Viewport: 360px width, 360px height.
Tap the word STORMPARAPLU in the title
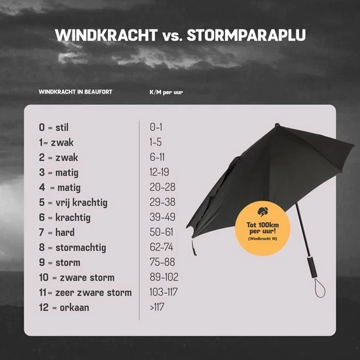(x=247, y=35)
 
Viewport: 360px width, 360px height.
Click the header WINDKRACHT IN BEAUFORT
(x=75, y=92)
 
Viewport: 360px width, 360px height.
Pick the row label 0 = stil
(x=54, y=127)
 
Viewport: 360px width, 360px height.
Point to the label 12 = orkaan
(x=63, y=308)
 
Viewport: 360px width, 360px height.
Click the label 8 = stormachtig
(x=72, y=247)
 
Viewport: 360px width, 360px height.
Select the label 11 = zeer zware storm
(x=85, y=293)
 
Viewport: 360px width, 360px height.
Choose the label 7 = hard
(x=57, y=232)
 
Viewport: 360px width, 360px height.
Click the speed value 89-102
(x=164, y=278)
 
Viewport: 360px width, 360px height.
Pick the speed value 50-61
(x=161, y=232)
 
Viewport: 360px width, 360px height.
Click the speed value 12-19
(x=160, y=172)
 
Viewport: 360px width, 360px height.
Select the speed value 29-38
(x=162, y=202)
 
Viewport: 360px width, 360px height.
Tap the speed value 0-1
(x=156, y=127)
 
